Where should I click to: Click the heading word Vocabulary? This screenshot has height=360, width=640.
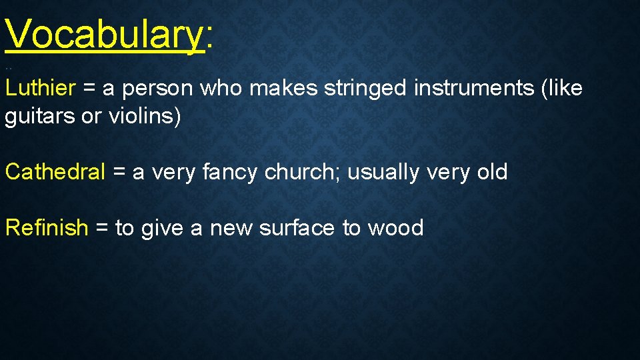click(104, 34)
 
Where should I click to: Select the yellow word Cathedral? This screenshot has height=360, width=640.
click(55, 172)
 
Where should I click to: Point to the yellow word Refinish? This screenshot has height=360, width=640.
click(47, 228)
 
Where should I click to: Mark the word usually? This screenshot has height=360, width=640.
click(383, 173)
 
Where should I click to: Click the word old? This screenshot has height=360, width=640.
click(492, 172)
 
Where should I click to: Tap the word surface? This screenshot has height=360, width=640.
click(297, 228)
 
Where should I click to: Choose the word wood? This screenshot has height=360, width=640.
click(396, 228)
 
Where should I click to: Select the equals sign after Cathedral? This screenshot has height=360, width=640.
click(119, 173)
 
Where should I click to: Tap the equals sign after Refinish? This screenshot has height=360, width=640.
click(102, 229)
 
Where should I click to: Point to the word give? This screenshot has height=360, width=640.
click(162, 229)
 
